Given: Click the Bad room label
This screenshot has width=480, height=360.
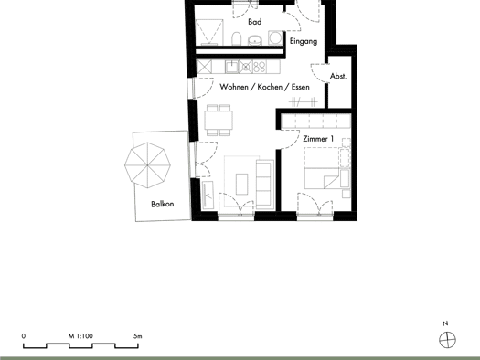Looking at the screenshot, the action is (x=255, y=22).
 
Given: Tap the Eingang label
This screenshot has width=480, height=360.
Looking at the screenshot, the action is (x=304, y=41).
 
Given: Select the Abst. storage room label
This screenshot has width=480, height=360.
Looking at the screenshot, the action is (x=338, y=76).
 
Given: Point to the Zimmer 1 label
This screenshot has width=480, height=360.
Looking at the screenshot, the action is (x=318, y=139).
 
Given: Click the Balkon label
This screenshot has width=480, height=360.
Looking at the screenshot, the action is (x=163, y=204).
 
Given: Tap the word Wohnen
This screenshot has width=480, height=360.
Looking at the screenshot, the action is (x=234, y=87).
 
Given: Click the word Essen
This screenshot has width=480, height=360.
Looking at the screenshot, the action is (x=300, y=87).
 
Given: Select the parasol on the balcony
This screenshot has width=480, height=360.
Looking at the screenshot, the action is (x=147, y=165).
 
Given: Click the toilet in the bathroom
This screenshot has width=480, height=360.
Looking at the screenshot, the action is (x=236, y=39).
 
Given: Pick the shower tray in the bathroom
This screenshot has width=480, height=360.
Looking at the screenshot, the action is (x=209, y=32).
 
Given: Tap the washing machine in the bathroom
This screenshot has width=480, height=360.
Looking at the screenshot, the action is (x=275, y=38).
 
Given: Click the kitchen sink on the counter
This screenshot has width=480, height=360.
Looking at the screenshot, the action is (x=232, y=67).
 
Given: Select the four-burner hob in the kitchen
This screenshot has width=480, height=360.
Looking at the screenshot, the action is (x=260, y=67).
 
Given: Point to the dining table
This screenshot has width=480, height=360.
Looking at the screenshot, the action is (x=219, y=120).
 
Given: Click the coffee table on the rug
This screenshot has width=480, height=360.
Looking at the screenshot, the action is (x=242, y=185).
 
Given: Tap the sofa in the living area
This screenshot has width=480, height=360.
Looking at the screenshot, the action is (x=265, y=185).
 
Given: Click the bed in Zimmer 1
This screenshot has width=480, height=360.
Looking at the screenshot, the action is (x=322, y=168).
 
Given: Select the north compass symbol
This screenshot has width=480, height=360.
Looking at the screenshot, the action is (x=448, y=340).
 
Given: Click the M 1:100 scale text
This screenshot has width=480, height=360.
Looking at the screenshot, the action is (x=80, y=336).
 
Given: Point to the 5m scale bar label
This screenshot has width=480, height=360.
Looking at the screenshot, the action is (x=138, y=336).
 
